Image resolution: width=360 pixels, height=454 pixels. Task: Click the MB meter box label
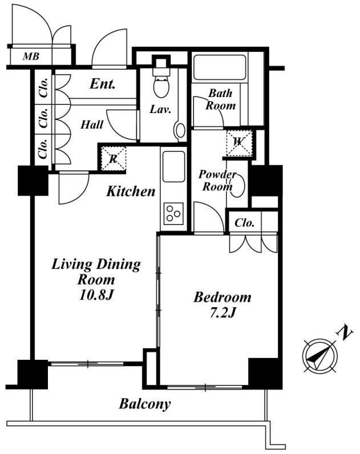31,56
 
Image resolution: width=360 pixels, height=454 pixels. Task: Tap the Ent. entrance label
103,84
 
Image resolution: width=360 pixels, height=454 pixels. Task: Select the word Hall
92,124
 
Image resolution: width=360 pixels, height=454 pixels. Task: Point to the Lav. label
160,109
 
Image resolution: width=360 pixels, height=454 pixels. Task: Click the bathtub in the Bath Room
220,67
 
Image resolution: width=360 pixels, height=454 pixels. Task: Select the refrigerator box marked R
114,159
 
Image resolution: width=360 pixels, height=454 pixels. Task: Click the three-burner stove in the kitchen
173,214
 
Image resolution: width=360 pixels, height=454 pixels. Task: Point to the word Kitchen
131,191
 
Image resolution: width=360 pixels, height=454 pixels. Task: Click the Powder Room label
217,180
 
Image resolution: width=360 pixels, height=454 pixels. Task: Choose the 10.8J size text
96,295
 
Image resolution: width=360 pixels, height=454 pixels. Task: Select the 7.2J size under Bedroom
223,313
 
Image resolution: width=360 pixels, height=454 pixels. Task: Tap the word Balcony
145,404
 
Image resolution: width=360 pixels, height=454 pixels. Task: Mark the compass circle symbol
319,355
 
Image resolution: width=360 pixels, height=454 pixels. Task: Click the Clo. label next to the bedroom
244,223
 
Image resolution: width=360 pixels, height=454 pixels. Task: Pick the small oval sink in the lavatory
181,131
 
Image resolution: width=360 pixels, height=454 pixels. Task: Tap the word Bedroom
223,298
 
